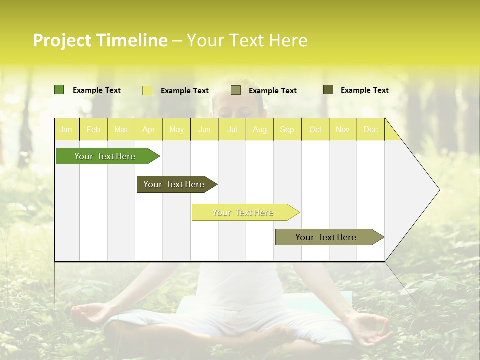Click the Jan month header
click(66, 130)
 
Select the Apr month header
click(148, 130)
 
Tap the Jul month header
click(232, 130)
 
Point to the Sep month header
click(287, 130)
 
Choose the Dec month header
click(370, 130)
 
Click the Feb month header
click(93, 130)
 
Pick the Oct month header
click(315, 130)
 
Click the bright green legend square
click(59, 90)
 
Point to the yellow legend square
click(147, 90)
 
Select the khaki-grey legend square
click(236, 90)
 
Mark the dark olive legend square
click(328, 90)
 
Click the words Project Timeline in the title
click(100, 40)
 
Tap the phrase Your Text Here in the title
click(247, 40)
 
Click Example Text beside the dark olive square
click(364, 90)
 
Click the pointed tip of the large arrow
click(439, 190)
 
